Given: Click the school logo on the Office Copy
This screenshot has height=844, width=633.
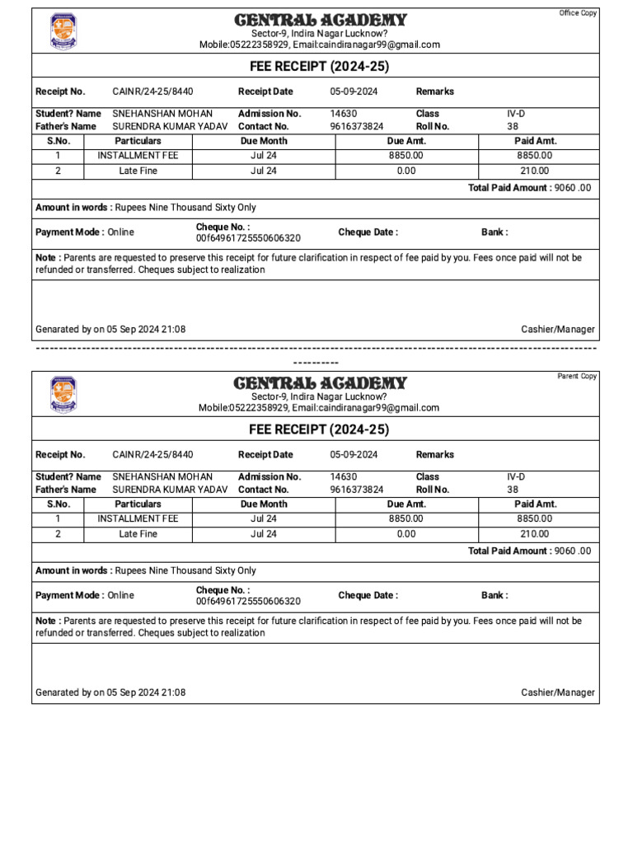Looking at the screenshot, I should pos(63,31).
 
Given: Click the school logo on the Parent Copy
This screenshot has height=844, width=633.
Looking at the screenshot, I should pos(63,395).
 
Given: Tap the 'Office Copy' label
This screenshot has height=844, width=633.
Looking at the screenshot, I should pos(578,13).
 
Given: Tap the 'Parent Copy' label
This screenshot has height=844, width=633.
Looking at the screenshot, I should pos(577,377).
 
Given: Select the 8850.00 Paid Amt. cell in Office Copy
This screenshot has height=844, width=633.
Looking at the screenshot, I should pos(534,155).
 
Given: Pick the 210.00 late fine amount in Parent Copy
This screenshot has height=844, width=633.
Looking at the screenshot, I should pos(534,534).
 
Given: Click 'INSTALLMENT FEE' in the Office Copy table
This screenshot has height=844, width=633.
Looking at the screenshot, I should pos(138,155).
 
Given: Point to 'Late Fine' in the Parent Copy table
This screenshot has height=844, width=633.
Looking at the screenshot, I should pos(138,534).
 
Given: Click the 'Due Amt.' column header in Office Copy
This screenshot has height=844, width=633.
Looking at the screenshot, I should pos(406,141).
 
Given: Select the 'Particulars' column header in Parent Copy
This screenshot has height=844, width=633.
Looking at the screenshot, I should pos(138,504).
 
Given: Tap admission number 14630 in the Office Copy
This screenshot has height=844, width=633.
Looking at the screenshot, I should pos(344,114).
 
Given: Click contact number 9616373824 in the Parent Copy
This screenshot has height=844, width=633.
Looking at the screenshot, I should pos(357,490).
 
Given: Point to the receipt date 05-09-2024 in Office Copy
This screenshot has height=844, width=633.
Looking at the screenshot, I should pos(354,91).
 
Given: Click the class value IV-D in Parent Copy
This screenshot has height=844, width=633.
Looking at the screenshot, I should pos(516,476).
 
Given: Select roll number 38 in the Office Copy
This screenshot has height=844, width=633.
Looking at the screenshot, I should pos(513,127).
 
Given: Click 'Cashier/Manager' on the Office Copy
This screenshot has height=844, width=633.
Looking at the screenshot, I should pos(558,330).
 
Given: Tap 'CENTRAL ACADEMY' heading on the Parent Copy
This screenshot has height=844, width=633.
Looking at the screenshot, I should pos(320,383).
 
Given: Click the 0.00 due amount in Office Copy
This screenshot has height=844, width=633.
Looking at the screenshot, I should pos(406,171).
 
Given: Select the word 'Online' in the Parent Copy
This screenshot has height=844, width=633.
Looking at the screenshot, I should pos(120,595).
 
